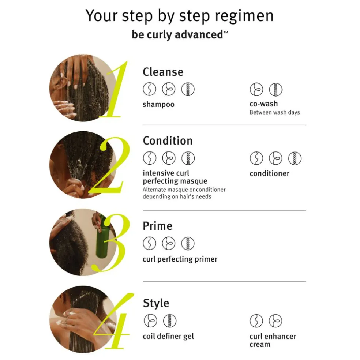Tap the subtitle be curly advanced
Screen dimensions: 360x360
(x=180, y=35)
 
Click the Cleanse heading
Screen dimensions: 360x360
(x=163, y=72)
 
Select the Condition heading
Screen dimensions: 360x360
(x=168, y=140)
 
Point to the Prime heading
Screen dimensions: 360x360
(x=157, y=226)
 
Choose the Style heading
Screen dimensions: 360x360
(x=156, y=303)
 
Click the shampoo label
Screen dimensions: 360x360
(x=158, y=105)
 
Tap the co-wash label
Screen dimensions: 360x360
(x=263, y=104)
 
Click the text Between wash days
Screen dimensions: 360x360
(x=275, y=112)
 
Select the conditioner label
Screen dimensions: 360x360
(x=270, y=173)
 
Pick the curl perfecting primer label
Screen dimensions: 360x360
(x=180, y=259)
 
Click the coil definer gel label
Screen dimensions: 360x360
(x=168, y=336)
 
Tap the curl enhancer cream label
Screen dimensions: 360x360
(x=273, y=340)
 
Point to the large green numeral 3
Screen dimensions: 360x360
(x=110, y=243)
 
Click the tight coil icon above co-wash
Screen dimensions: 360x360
(x=275, y=90)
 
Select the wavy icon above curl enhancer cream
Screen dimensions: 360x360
(x=256, y=321)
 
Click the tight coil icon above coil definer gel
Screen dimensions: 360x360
(x=170, y=321)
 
